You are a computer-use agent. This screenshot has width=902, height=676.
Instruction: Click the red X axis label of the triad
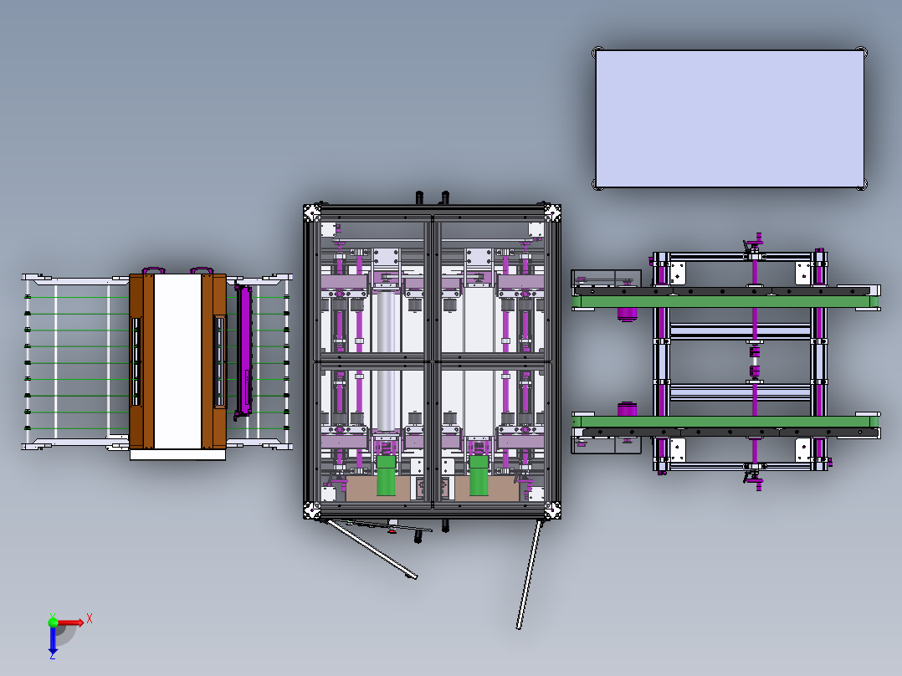coord(90,618)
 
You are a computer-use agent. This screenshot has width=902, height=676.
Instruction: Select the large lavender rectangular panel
coord(729,118)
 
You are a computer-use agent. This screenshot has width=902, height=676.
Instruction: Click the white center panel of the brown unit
coord(177,361)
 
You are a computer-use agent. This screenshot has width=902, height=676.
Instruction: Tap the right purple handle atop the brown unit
coord(201,270)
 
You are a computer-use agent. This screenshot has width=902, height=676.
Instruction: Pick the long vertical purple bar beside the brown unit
coord(244,350)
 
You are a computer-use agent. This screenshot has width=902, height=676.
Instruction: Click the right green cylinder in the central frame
coord(479,476)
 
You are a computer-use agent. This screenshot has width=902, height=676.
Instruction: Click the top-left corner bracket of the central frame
coord(312,212)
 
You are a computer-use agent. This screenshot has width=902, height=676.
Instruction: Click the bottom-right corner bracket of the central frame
coord(552,510)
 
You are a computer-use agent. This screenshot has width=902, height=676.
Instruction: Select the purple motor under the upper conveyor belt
coord(628,315)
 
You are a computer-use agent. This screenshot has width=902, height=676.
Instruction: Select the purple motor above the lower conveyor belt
coord(628,408)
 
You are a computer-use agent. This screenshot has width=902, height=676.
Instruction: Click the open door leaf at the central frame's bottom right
coord(528,574)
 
